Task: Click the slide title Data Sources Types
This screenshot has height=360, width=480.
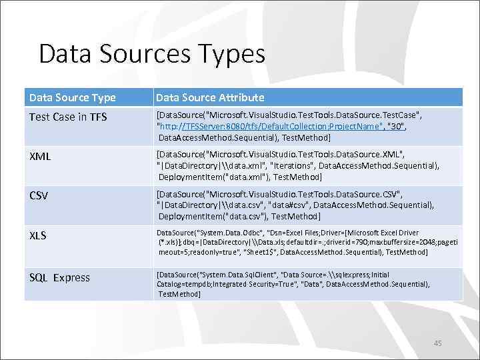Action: click(x=151, y=53)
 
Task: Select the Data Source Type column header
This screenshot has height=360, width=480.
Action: click(x=72, y=97)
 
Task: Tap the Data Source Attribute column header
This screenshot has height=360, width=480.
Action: click(x=210, y=97)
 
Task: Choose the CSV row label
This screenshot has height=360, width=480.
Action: click(x=39, y=197)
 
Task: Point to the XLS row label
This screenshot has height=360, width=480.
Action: click(x=37, y=235)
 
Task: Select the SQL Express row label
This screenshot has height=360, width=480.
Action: click(x=59, y=277)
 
